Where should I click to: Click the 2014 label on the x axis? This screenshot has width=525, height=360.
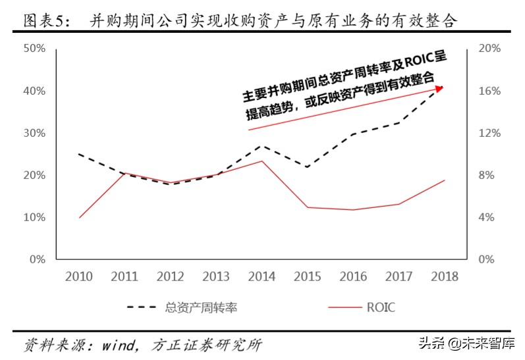coord(262,276)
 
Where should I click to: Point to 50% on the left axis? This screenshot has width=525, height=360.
coord(35,49)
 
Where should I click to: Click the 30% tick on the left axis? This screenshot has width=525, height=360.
coord(35,133)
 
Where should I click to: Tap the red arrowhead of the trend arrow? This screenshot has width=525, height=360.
coord(439,88)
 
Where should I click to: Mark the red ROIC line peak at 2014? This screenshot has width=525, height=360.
coord(262,161)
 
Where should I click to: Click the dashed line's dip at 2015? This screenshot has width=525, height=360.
coord(307,167)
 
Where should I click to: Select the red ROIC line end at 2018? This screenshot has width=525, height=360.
coord(445,180)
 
